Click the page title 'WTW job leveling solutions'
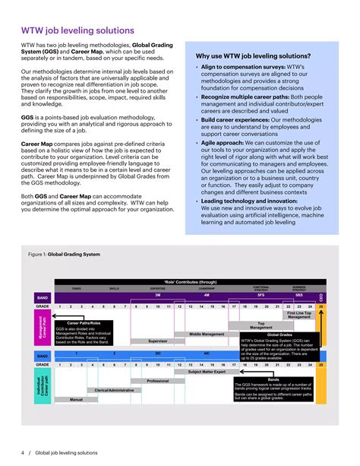click(x=78, y=31)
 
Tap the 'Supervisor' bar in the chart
click(x=157, y=341)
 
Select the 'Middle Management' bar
click(x=206, y=334)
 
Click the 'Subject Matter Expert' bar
click(x=206, y=372)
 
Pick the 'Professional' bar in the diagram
click(x=157, y=381)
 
